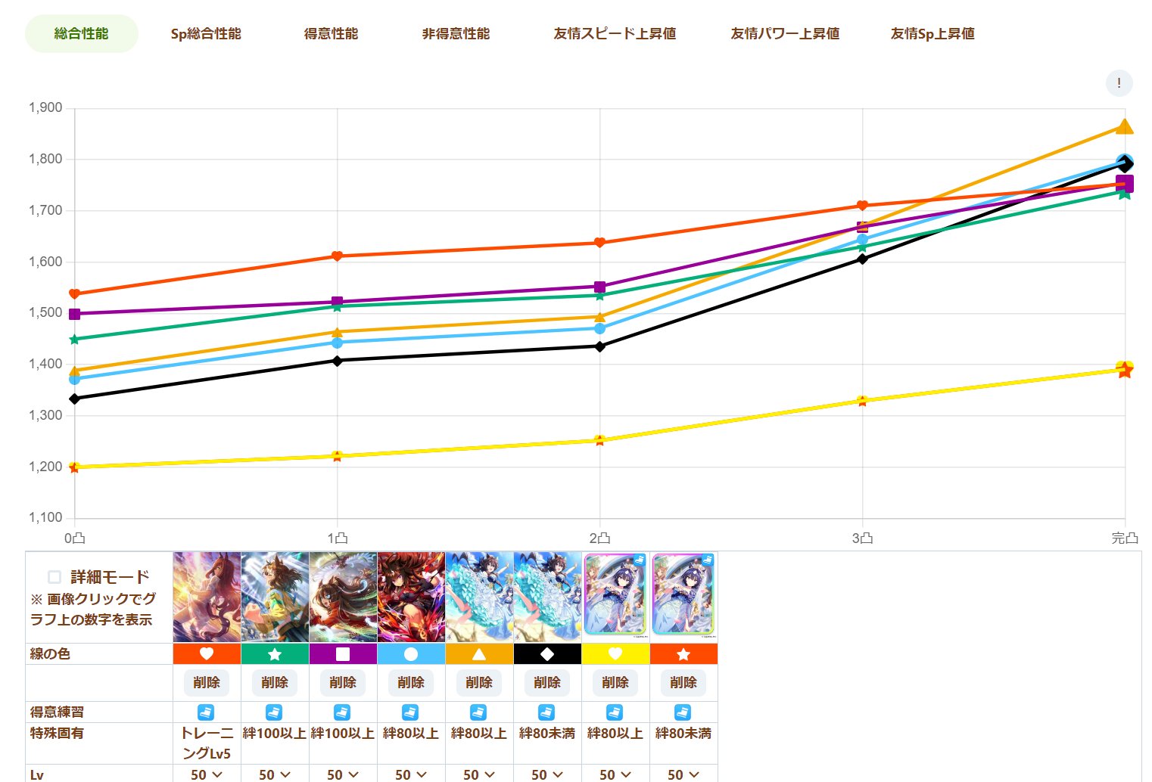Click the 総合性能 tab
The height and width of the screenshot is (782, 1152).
coord(82,34)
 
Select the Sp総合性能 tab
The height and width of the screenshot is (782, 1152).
coord(206,34)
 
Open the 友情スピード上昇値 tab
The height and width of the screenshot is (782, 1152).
coord(615,34)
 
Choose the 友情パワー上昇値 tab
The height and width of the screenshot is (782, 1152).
coord(785,34)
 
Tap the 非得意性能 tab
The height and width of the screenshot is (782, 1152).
coord(456,34)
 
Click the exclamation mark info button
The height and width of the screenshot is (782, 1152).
coord(1119,83)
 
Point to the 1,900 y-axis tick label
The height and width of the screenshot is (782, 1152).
coord(45,108)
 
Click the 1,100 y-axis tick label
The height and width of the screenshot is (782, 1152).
coord(45,518)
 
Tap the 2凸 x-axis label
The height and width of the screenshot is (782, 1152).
coord(599,538)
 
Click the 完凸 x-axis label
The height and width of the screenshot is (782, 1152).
coord(1124,538)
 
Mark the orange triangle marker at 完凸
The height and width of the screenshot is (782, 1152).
coord(1125,126)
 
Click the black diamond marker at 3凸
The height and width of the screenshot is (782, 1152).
coord(862,259)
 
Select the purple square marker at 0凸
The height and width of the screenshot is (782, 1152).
coord(74,314)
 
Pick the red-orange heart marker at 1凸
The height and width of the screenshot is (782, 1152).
coord(337,256)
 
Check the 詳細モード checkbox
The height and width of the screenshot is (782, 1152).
coord(54,577)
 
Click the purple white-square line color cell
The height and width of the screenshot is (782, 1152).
coord(343,654)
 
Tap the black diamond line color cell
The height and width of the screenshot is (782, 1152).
coord(547,654)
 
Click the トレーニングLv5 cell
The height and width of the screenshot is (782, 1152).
coord(207,743)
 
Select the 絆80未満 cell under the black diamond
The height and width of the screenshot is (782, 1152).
coord(547,734)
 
